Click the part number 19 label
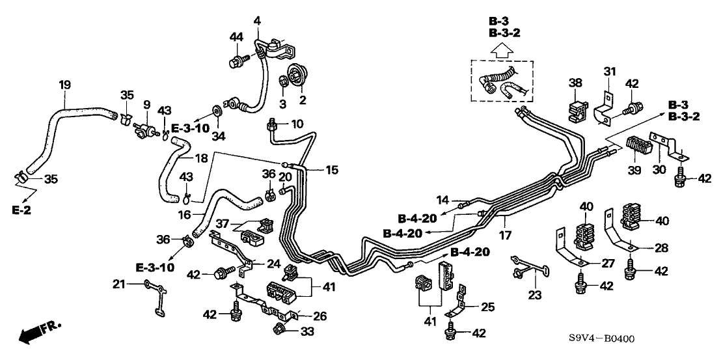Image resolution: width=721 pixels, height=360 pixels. point(65,85)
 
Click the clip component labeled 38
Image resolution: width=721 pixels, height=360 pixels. point(577,110)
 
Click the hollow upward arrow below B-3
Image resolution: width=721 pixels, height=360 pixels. point(500,48)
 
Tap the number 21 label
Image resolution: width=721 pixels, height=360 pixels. point(117,283)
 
